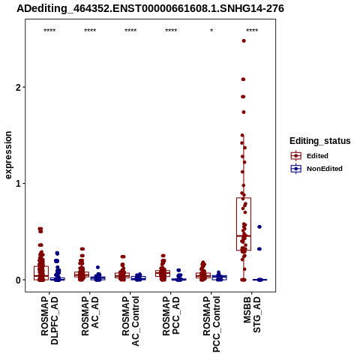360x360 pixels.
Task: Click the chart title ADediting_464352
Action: [x=150, y=9]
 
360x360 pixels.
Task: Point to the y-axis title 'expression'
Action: [x=8, y=155]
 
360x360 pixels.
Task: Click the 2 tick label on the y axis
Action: [x=18, y=87]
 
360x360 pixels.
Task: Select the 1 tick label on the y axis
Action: [x=18, y=184]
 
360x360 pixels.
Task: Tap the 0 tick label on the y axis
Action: [x=18, y=280]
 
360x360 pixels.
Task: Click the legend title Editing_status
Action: [x=320, y=141]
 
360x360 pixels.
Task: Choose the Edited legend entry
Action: [x=310, y=156]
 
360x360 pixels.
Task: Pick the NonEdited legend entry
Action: [x=316, y=169]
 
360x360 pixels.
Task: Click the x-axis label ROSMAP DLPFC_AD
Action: [x=49, y=320]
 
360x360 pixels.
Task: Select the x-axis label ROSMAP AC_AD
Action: [x=90, y=316]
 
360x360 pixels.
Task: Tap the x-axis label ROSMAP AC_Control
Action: [x=130, y=321]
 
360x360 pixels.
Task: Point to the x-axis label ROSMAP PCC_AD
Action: [x=171, y=316]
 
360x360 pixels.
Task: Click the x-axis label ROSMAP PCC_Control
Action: [x=211, y=324]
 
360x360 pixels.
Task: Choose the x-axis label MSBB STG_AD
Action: [x=252, y=314]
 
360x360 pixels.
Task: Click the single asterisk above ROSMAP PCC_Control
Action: [x=211, y=31]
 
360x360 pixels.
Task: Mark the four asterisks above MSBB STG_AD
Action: [x=252, y=31]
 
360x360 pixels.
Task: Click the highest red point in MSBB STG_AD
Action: [x=244, y=40]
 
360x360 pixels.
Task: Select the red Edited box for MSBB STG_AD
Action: [x=244, y=224]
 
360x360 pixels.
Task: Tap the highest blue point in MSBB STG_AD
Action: [x=259, y=226]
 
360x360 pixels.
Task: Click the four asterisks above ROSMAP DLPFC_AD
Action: [x=49, y=31]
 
